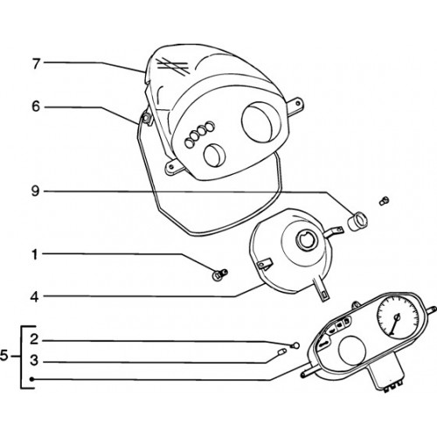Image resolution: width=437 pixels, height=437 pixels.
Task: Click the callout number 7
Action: click(x=36, y=64)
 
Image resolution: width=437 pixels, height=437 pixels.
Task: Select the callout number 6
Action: click(x=36, y=107)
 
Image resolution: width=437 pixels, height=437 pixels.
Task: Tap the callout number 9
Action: click(x=35, y=191)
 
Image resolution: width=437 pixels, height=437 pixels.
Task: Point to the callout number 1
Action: click(x=35, y=254)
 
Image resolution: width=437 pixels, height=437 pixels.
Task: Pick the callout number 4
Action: click(x=35, y=297)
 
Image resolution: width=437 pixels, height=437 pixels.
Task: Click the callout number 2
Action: click(x=34, y=339)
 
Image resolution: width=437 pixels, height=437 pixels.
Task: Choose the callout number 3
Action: click(x=34, y=360)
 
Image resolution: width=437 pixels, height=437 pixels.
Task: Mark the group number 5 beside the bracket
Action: click(x=4, y=356)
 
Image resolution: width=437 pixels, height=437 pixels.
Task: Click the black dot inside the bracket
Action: click(x=32, y=379)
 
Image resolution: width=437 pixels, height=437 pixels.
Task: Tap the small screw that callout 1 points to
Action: click(x=220, y=274)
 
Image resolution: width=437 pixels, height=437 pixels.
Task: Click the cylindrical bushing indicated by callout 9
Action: click(x=357, y=222)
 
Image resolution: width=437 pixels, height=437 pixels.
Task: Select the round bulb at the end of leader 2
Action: click(x=295, y=345)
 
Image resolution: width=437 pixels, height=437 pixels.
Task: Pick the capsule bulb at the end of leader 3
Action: click(x=281, y=352)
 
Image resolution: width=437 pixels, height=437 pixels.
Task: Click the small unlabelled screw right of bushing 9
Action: click(x=385, y=201)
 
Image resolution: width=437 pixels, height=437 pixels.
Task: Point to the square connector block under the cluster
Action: click(x=386, y=375)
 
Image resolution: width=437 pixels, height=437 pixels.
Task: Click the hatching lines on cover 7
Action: click(x=173, y=66)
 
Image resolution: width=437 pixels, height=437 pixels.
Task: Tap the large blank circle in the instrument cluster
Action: click(x=352, y=349)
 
